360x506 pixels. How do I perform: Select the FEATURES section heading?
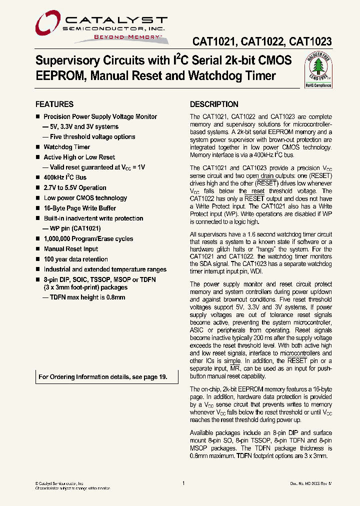click(54, 104)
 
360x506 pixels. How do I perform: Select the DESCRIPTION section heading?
click(214, 104)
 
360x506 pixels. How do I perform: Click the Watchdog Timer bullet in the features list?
click(67, 147)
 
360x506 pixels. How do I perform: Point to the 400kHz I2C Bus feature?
click(65, 177)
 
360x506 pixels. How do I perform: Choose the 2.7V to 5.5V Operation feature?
click(75, 188)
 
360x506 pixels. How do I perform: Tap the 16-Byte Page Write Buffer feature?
click(80, 208)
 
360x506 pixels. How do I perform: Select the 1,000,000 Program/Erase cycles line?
click(88, 239)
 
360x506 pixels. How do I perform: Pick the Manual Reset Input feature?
click(71, 249)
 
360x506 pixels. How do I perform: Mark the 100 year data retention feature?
click(76, 259)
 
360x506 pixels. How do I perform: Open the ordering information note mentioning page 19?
click(102, 377)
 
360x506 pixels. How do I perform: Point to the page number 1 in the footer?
click(183, 483)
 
